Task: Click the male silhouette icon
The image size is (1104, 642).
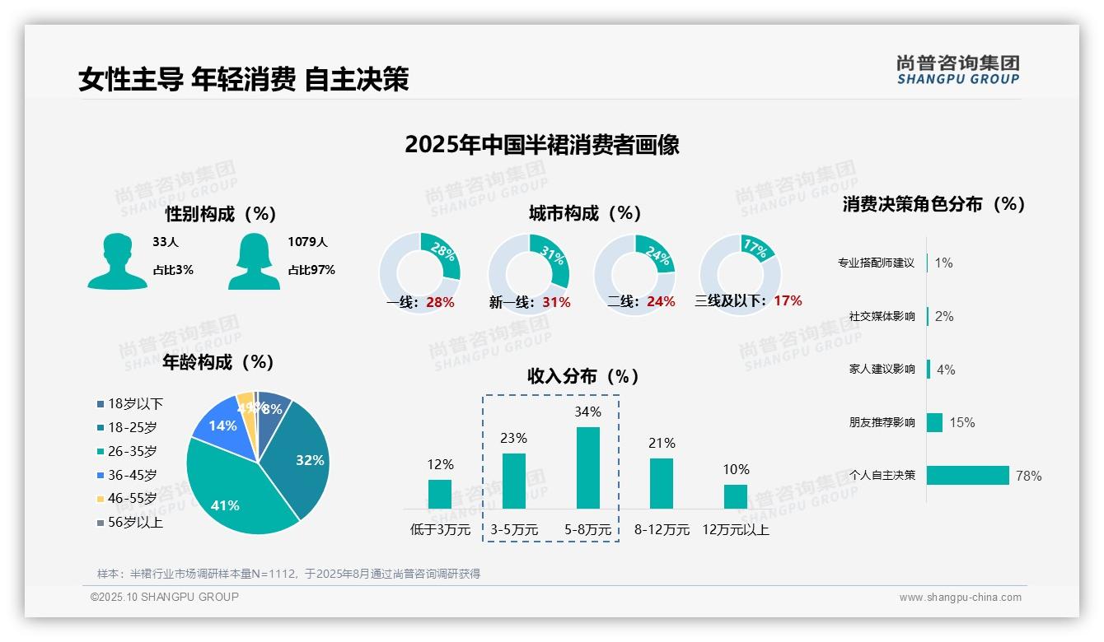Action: pos(117,261)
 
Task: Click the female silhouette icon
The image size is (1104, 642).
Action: pos(254,261)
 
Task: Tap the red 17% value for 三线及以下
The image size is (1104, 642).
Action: pos(788,300)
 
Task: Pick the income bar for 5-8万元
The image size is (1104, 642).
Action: pos(587,468)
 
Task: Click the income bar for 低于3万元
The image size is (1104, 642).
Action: pos(440,494)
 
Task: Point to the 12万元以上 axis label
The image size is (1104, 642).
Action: pos(735,530)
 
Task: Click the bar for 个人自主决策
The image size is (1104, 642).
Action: pos(968,475)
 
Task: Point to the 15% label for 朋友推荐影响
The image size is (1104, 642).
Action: pos(961,422)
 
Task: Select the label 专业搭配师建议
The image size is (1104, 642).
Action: pos(876,263)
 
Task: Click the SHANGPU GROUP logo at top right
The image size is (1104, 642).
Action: pos(957,70)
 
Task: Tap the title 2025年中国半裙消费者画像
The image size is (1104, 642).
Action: pos(542,145)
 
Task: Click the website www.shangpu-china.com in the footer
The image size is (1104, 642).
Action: pos(960,598)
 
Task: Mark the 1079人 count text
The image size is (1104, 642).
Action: pos(307,242)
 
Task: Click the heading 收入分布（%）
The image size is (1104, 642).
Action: pos(583,376)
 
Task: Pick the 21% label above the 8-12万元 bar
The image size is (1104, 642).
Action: pos(662,444)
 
